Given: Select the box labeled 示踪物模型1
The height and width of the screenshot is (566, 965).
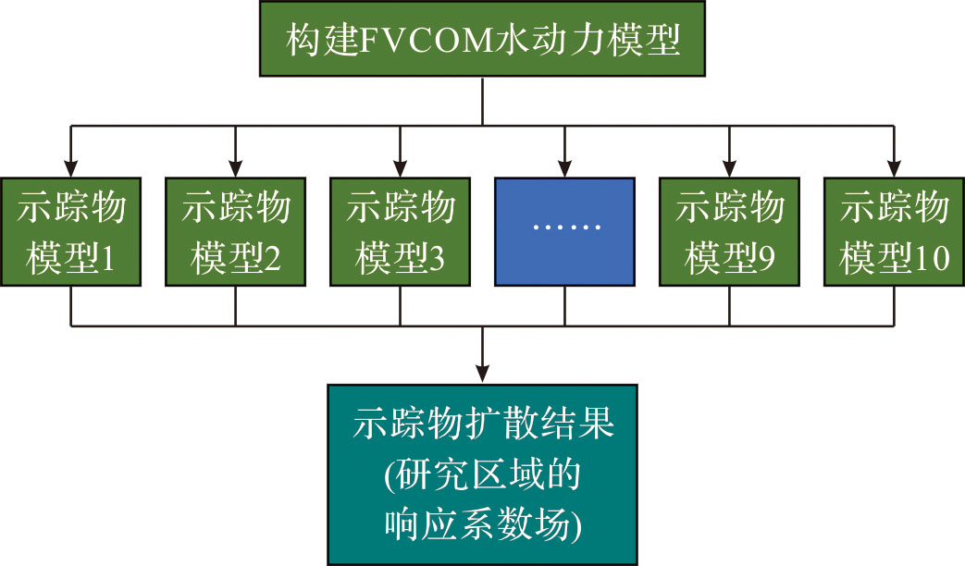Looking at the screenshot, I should click(x=70, y=230).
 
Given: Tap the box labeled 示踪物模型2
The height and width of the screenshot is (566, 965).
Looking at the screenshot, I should click(x=235, y=230).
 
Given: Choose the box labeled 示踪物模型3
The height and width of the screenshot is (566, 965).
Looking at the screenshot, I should click(x=400, y=230).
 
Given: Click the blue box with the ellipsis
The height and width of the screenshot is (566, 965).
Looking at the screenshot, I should click(x=564, y=230).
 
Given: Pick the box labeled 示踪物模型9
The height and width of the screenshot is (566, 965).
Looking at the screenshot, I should click(x=729, y=230).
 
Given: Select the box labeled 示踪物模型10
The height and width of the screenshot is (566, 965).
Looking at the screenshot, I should click(x=894, y=230).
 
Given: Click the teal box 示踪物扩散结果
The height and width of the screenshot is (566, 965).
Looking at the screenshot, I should click(x=481, y=473).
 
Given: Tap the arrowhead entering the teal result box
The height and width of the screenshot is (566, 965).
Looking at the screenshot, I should click(x=481, y=374).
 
